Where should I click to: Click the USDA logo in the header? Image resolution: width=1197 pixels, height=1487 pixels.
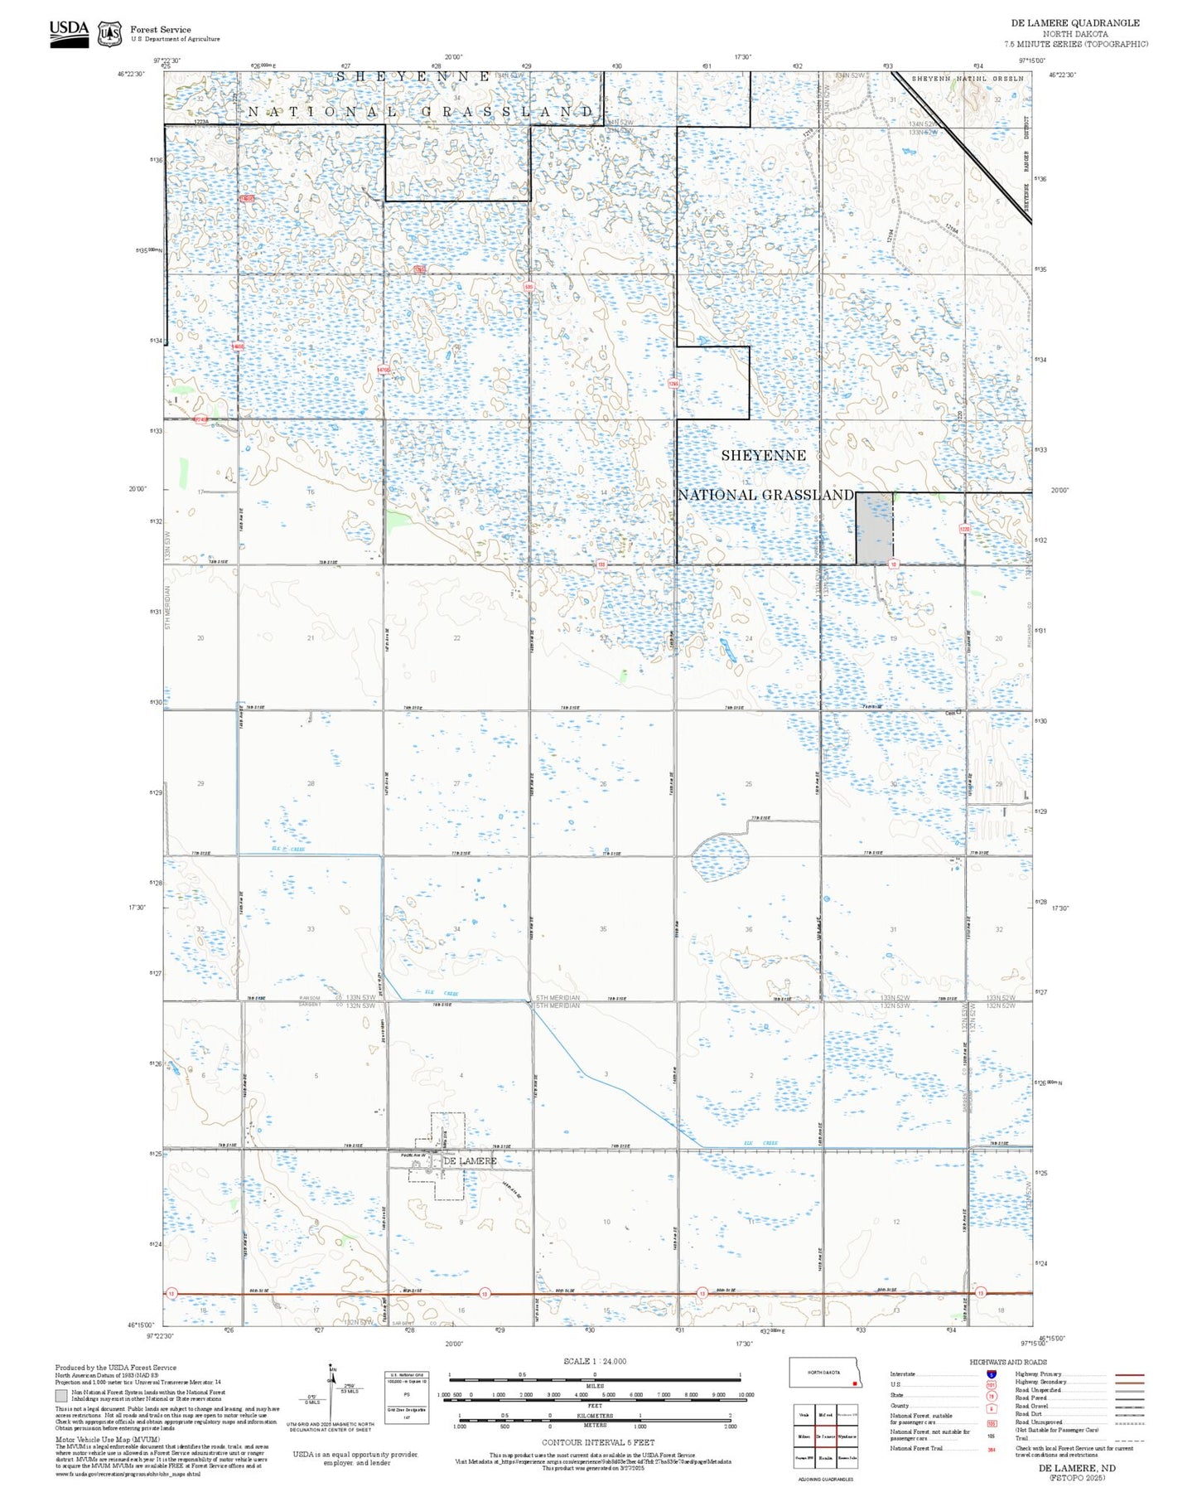pos(69,33)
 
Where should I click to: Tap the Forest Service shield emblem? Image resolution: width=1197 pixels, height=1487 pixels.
pos(109,34)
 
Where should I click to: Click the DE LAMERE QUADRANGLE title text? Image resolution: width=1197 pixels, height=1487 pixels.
pos(1087,22)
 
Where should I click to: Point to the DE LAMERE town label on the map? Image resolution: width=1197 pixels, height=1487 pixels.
pos(470,1160)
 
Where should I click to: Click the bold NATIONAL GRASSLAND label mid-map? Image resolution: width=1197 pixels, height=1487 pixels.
pos(765,495)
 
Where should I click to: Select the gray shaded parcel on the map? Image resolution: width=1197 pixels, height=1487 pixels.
pos(874,527)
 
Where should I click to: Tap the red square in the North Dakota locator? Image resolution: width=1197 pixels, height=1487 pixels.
pos(853,1383)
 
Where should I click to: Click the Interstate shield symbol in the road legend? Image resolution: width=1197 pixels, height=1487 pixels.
pos(991,1374)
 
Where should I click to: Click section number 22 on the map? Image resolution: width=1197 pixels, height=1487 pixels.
pos(456,637)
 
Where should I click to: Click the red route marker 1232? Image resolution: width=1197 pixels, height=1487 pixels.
pos(964,529)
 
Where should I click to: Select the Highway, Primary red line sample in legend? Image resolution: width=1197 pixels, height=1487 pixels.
pos(1129,1374)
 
